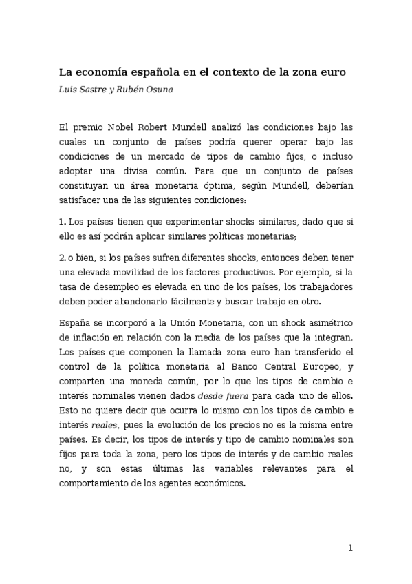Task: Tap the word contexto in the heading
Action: click(239, 71)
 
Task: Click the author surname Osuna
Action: click(155, 90)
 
